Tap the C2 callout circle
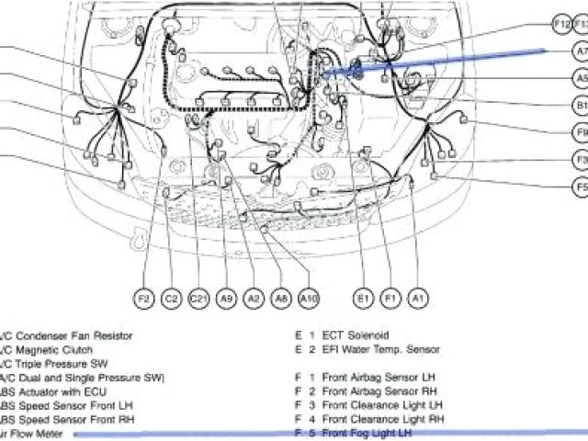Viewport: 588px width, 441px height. pyautogui.click(x=171, y=298)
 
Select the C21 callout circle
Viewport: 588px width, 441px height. pyautogui.click(x=198, y=298)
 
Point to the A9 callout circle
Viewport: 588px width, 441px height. pyautogui.click(x=227, y=298)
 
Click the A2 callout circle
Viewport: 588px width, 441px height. pyautogui.click(x=254, y=298)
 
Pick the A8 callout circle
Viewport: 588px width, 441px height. pyautogui.click(x=282, y=298)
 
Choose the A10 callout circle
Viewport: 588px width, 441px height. pyautogui.click(x=310, y=298)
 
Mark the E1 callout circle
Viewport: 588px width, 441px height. pyautogui.click(x=363, y=298)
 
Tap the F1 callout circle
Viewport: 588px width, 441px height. pyautogui.click(x=390, y=298)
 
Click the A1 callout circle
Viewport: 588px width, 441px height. pyautogui.click(x=418, y=298)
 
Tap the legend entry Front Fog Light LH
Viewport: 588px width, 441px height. pyautogui.click(x=367, y=432)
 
